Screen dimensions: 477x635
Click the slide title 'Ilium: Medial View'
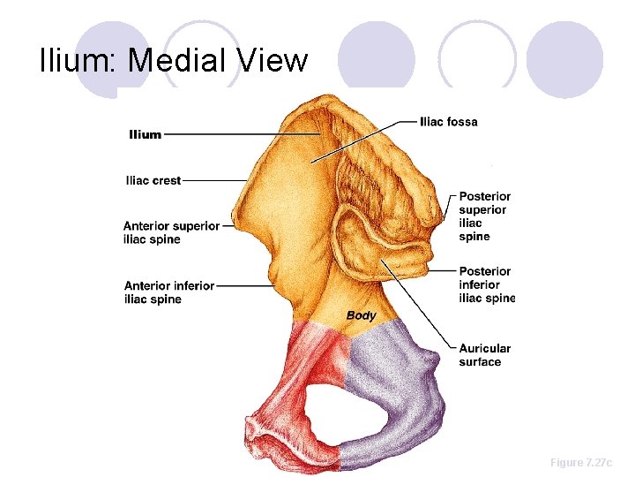click(x=174, y=61)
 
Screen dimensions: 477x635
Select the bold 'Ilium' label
click(x=146, y=134)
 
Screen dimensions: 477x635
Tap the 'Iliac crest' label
click(x=153, y=180)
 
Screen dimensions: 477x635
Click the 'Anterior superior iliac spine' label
click(x=171, y=232)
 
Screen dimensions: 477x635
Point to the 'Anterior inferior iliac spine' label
click(x=169, y=292)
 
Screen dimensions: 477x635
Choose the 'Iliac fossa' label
click(x=449, y=121)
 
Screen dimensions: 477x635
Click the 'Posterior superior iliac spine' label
click(x=484, y=216)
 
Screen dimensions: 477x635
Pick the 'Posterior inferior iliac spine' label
click(x=486, y=284)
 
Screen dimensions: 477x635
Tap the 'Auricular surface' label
click(x=484, y=355)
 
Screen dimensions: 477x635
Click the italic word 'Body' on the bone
click(x=362, y=315)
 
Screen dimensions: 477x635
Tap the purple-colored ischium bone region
click(x=397, y=389)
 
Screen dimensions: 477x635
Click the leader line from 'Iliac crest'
click(x=216, y=180)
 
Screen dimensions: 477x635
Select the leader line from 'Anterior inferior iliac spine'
click(x=243, y=285)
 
